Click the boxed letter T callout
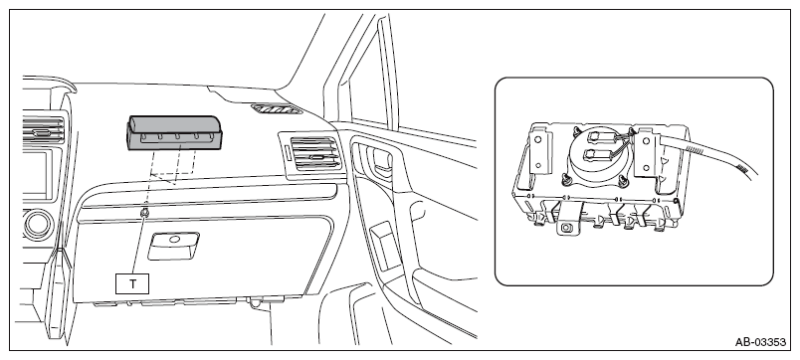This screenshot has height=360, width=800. [132, 283]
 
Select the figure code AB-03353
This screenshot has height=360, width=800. [760, 342]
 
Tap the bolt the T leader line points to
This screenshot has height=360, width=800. [144, 212]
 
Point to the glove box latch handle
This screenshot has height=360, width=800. [173, 246]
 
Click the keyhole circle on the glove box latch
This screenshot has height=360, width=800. [174, 239]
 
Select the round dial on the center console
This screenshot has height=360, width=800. [37, 225]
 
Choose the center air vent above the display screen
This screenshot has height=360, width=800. [44, 128]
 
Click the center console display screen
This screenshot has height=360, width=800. [36, 172]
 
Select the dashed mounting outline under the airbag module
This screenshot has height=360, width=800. [172, 166]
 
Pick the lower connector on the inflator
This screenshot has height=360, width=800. [597, 154]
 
